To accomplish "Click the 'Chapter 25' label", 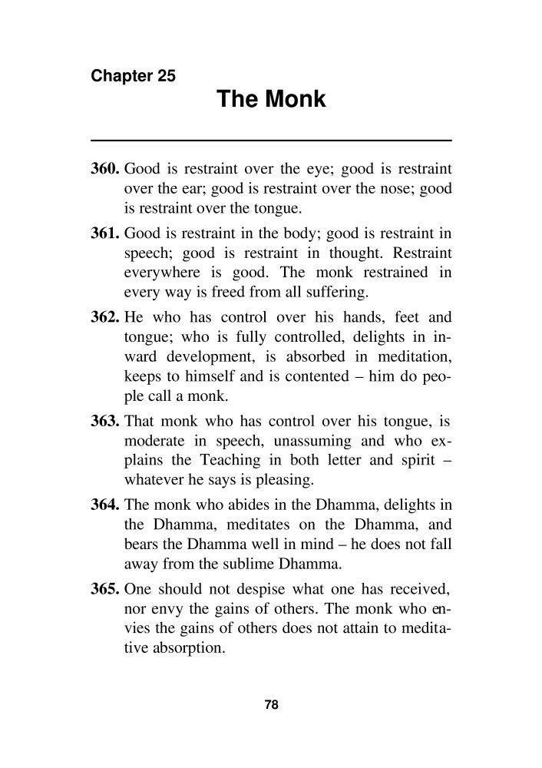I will (133, 76).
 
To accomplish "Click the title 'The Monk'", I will (271, 99).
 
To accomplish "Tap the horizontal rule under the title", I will (271, 140).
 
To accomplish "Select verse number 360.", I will (106, 167).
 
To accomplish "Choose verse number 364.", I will (106, 503).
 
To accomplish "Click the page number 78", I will (270, 704).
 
